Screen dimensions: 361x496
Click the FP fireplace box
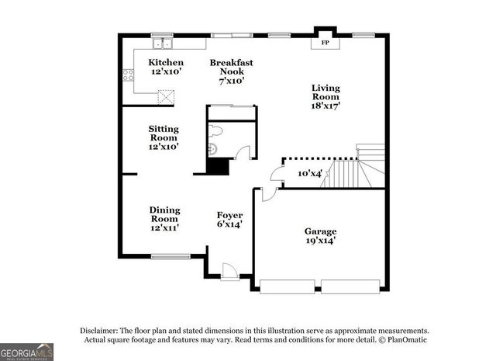pyautogui.click(x=324, y=43)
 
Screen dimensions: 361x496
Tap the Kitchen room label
pyautogui.click(x=167, y=68)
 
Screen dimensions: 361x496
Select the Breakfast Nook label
pyautogui.click(x=232, y=71)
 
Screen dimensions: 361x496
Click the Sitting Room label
pyautogui.click(x=164, y=137)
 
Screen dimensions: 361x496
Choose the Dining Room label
pyautogui.click(x=164, y=219)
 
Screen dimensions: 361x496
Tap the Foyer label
pyautogui.click(x=229, y=220)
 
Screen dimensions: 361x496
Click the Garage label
pyautogui.click(x=319, y=235)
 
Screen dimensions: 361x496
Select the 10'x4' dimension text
pyautogui.click(x=311, y=174)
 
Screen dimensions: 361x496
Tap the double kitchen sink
pyautogui.click(x=162, y=43)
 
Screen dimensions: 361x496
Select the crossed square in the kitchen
pyautogui.click(x=166, y=97)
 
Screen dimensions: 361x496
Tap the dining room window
pyautogui.click(x=170, y=257)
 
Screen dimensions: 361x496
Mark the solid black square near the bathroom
pyautogui.click(x=219, y=167)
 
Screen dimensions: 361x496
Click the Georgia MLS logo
pyautogui.click(x=27, y=352)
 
